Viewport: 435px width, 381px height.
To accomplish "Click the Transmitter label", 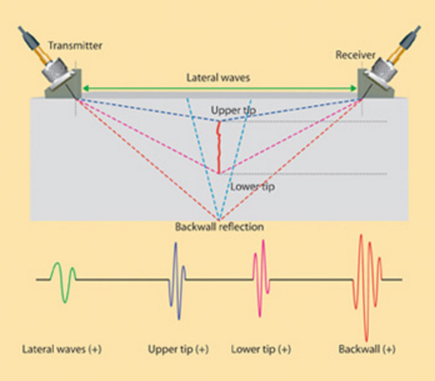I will pos(76,46).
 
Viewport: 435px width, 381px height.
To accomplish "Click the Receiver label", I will pos(355,55).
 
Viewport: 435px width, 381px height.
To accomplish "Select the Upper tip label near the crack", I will pos(230,110).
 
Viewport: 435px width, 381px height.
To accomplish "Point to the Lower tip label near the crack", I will pos(252,186).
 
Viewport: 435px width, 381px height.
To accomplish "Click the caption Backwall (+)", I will pos(367,349).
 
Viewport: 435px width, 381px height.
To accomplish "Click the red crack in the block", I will pos(218,147).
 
